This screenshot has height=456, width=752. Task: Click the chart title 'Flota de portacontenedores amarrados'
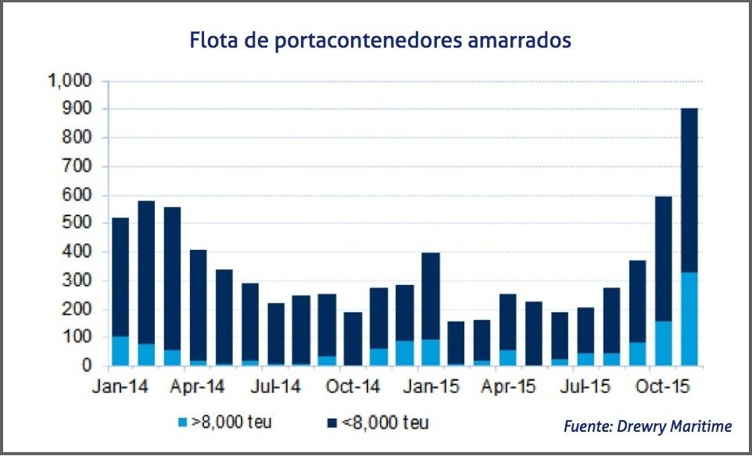pos(381,40)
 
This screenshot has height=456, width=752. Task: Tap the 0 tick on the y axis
pos(88,366)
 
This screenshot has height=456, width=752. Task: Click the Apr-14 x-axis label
pos(199,387)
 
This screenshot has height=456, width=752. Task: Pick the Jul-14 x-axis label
pos(277,387)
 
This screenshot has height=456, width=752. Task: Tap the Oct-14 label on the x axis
pos(354,387)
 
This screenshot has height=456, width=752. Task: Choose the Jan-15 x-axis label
pos(431,387)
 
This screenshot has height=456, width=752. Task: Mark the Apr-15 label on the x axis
pos(509,387)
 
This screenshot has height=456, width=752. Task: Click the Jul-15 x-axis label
pos(586,387)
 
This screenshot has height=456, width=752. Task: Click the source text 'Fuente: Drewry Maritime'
pos(647,426)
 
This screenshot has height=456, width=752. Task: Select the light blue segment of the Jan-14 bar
pos(120,351)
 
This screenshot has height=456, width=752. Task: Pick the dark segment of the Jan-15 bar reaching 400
pos(430,296)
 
